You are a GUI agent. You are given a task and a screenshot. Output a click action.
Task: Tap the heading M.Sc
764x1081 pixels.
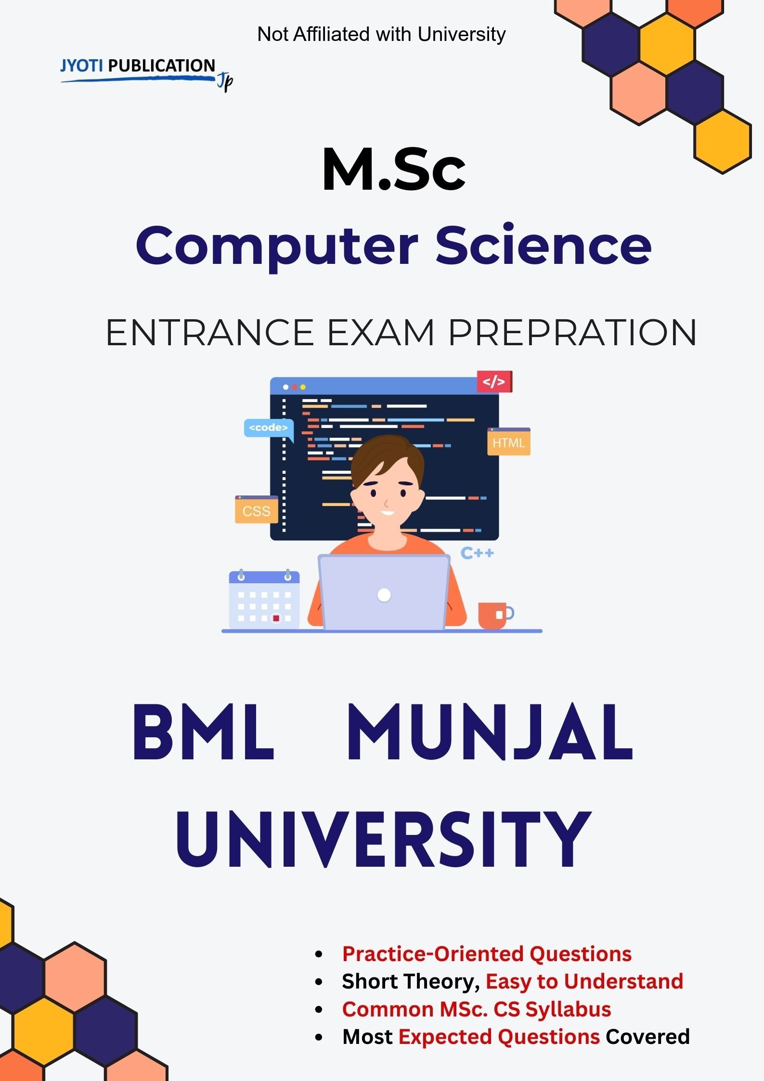393,170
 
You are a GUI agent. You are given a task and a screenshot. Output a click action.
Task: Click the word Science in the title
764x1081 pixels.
543,246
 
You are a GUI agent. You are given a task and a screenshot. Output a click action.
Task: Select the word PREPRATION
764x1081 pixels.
572,333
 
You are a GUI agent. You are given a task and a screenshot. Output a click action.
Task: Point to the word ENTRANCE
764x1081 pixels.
209,333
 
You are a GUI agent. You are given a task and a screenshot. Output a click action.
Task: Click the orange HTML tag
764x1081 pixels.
508,442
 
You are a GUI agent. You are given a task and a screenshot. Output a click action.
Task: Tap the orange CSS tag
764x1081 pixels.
256,510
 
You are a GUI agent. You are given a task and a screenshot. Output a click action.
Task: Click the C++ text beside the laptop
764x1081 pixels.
477,553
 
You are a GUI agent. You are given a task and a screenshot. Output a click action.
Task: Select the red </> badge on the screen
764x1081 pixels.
494,382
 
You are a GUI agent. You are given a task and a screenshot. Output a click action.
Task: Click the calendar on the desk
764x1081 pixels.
264,599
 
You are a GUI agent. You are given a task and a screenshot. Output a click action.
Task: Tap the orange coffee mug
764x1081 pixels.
493,615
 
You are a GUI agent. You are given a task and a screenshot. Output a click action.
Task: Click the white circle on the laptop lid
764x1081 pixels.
384,595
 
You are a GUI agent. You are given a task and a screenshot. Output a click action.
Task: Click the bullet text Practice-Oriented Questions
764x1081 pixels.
486,953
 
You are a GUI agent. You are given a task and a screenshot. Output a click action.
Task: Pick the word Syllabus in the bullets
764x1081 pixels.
568,1009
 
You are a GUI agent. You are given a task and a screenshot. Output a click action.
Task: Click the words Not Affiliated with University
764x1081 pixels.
381,34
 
